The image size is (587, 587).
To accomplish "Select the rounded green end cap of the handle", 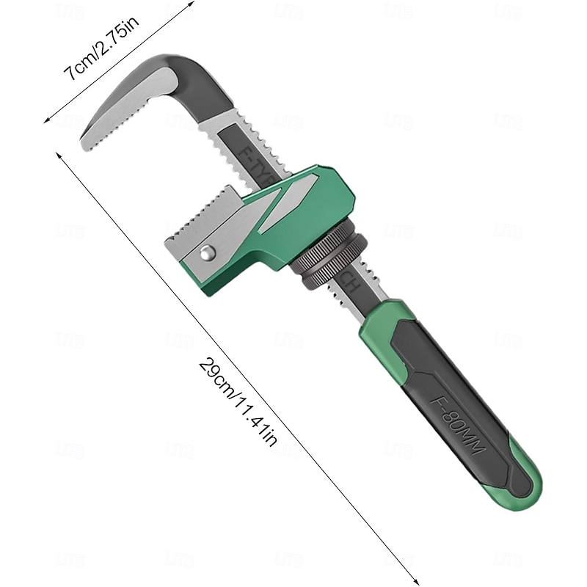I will click(527, 488).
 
